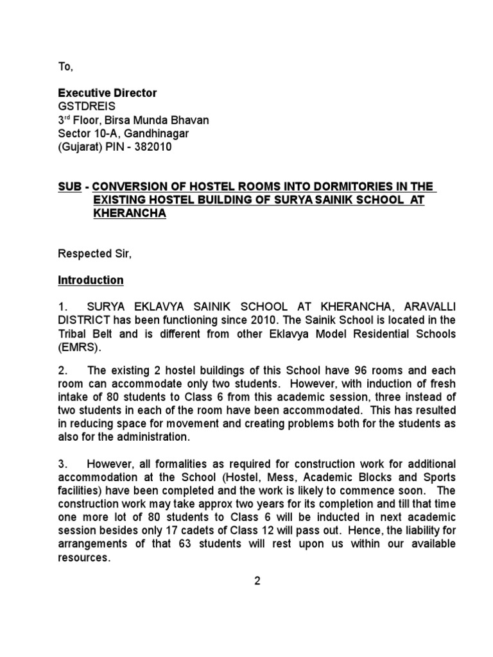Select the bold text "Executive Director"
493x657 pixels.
click(x=107, y=93)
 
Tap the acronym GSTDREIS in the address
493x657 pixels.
click(x=87, y=107)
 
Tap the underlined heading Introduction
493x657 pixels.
click(x=91, y=280)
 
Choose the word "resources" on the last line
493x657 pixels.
click(x=83, y=558)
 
